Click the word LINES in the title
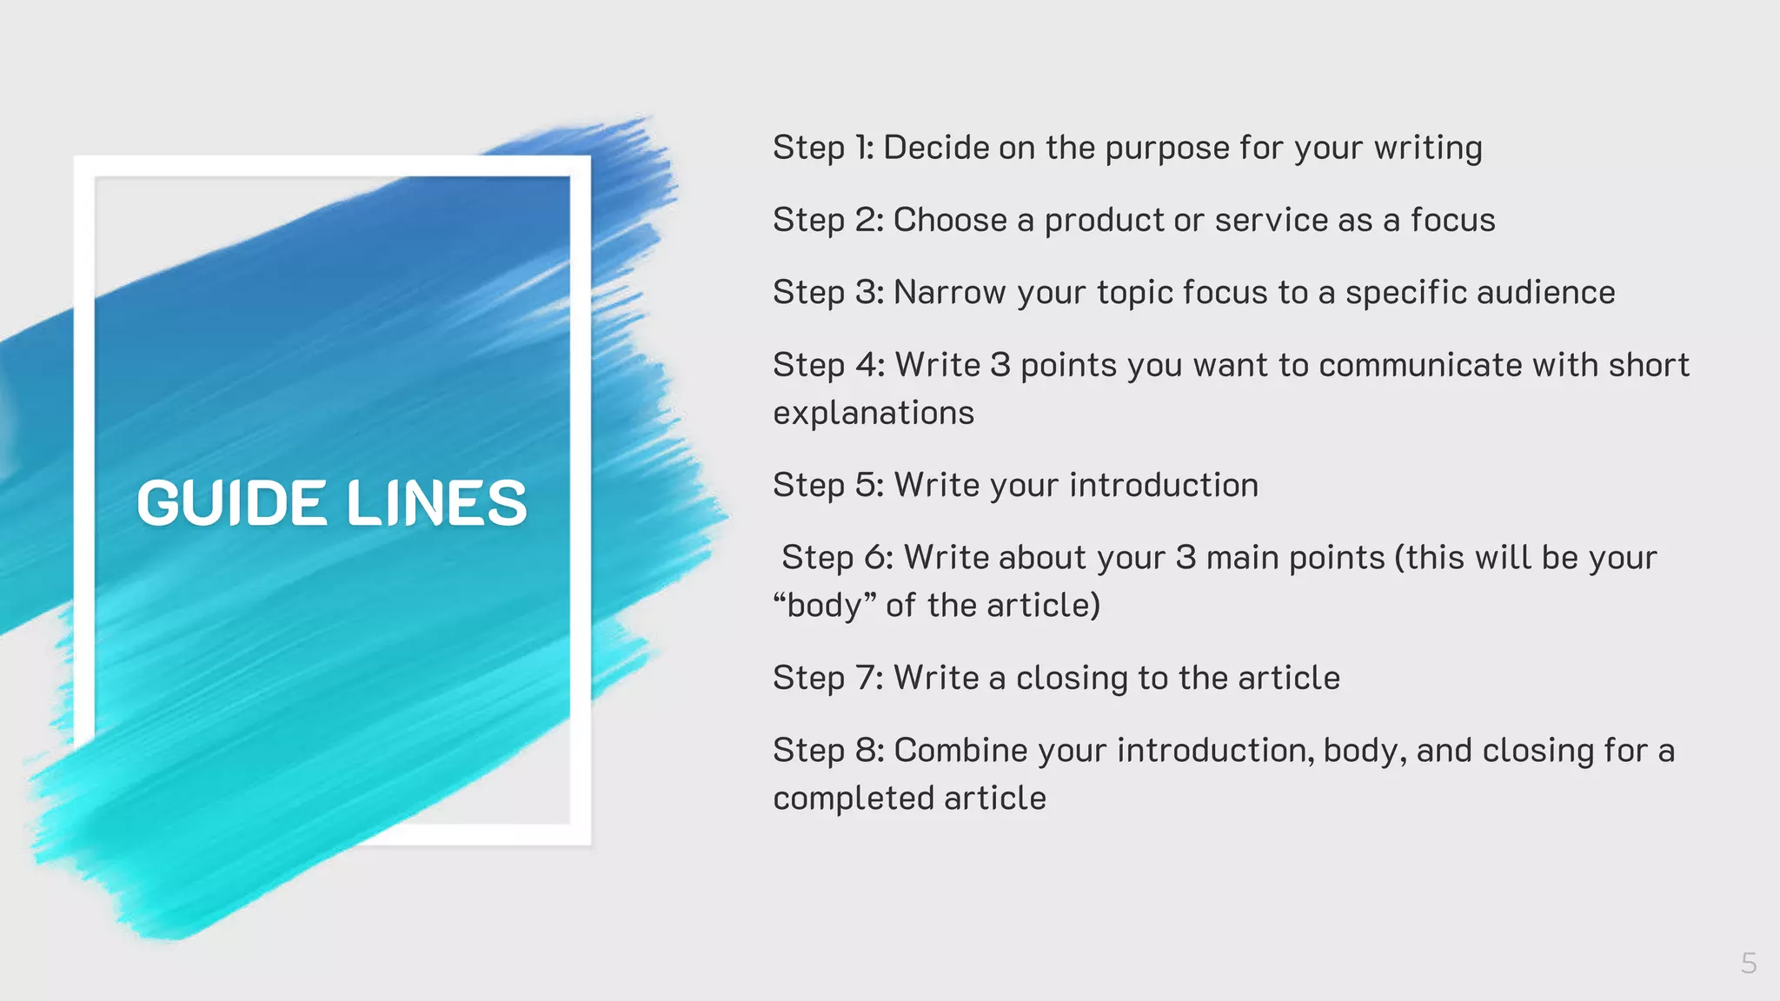tap(437, 503)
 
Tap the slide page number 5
tap(1749, 963)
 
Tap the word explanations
tap(873, 413)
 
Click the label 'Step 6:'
tap(837, 557)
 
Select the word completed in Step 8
tap(853, 798)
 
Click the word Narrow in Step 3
tap(949, 293)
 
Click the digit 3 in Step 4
tap(1000, 365)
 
